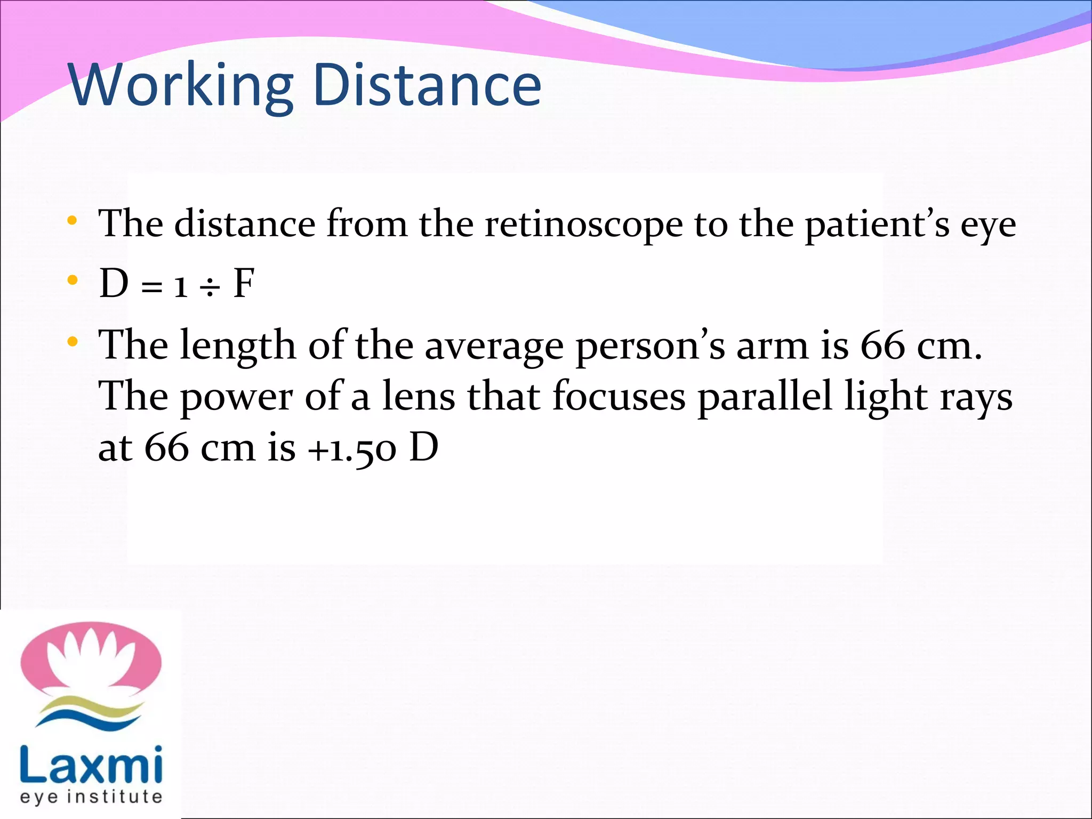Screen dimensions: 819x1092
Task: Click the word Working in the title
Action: tap(181, 85)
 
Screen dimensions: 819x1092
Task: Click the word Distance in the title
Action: tap(427, 85)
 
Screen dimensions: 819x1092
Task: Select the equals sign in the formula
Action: tap(152, 288)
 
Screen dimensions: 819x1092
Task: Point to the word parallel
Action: tap(765, 397)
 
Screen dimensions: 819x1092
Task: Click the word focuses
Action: tap(619, 397)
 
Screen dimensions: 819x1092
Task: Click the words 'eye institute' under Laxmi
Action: tap(91, 797)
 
